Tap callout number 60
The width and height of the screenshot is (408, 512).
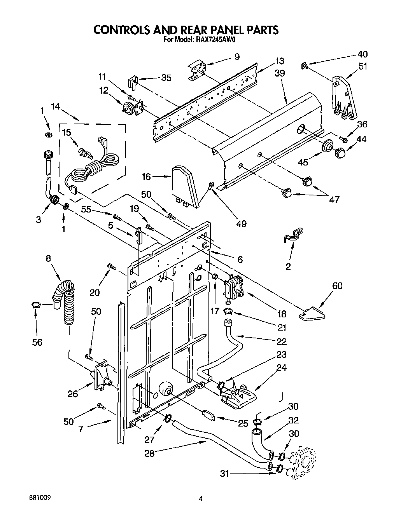coord(337,286)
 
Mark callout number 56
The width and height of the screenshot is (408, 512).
coord(37,342)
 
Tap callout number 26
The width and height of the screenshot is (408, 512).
coord(73,394)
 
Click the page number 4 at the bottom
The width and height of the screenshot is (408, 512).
coord(201,498)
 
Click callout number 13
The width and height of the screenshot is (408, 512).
coord(280,61)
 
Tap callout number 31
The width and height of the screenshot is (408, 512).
coord(224,473)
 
